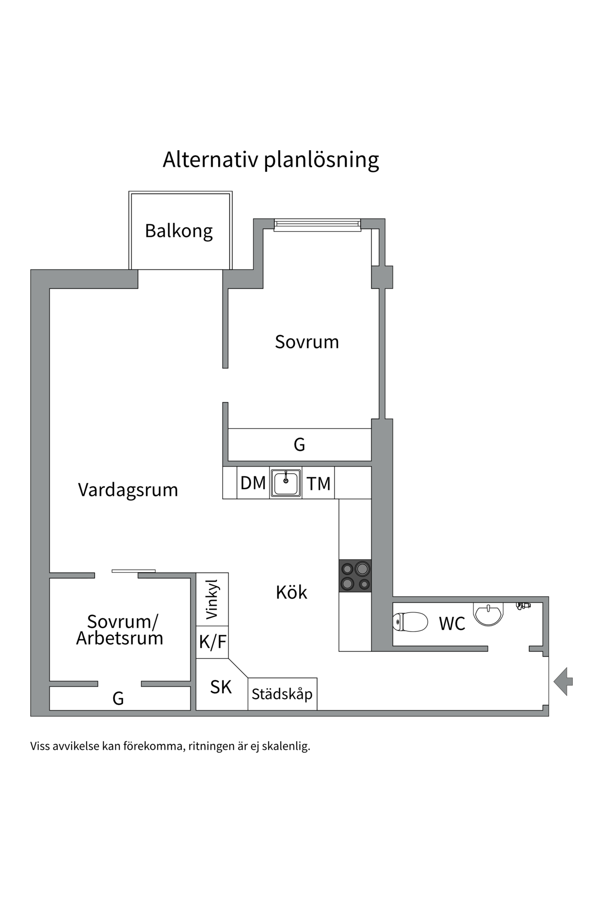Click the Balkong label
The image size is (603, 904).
179,231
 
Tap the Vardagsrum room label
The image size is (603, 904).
128,490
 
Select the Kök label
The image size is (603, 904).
291,592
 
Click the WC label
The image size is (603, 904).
452,624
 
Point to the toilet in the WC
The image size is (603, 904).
410,622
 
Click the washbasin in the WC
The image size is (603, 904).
489,613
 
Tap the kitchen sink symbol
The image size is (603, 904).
286,483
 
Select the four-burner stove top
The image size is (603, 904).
355,575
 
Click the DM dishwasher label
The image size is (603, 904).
253,483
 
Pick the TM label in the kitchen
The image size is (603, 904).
318,484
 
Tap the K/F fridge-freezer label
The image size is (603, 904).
212,642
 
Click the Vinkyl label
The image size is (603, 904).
212,599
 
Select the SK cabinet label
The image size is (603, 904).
221,687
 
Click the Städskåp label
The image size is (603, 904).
282,694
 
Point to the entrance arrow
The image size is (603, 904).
563,681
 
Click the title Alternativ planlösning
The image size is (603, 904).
271,160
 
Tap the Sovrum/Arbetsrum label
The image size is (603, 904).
120,630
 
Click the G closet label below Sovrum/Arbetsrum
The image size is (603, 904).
118,698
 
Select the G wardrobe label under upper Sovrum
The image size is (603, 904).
299,444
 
